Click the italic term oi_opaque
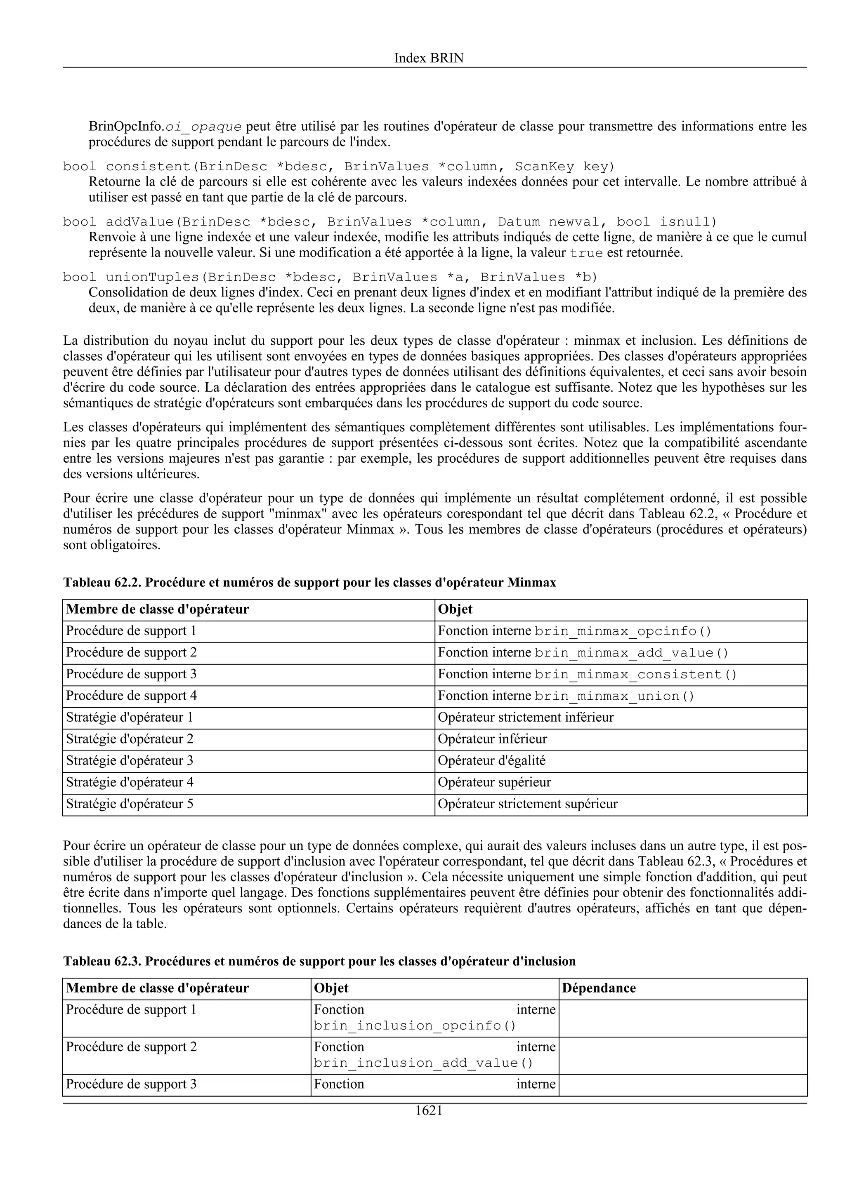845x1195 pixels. (x=203, y=127)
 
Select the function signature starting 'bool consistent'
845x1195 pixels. (x=338, y=167)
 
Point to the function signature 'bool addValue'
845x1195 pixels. (x=389, y=222)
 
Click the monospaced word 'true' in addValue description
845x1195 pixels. (x=586, y=254)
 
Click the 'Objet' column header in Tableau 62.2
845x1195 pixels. (x=455, y=609)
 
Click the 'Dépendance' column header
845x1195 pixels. (x=599, y=988)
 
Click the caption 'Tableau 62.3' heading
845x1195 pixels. (x=319, y=961)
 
